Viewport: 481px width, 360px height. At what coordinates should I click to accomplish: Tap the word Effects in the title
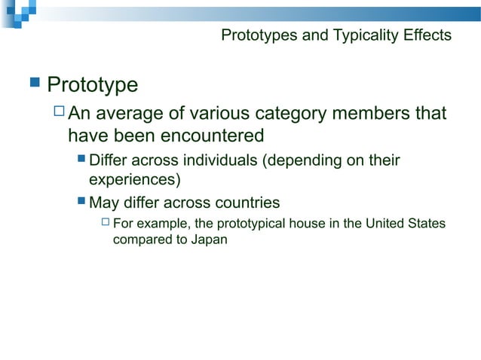click(427, 35)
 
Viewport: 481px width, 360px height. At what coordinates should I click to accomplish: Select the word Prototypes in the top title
click(256, 35)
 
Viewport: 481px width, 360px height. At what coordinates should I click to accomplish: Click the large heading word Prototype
click(93, 84)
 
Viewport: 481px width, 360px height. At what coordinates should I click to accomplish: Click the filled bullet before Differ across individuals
click(81, 160)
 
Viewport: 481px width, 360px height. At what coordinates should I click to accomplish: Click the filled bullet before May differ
click(81, 203)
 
